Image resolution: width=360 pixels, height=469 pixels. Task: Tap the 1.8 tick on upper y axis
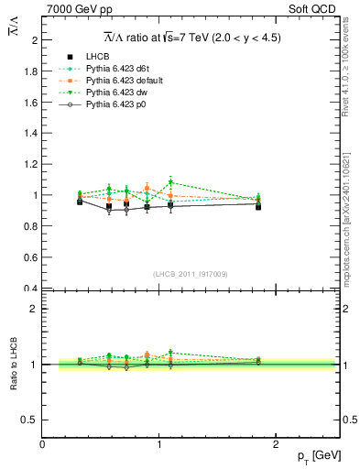(x=30, y=71)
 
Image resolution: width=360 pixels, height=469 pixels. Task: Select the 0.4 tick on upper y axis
(x=30, y=289)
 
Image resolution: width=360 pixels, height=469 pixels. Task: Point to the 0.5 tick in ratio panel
(x=30, y=420)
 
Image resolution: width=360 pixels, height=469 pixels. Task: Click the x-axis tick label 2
(x=279, y=443)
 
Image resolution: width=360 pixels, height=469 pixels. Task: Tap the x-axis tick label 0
(x=42, y=443)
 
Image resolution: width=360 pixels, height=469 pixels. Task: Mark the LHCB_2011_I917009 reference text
(x=191, y=274)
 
